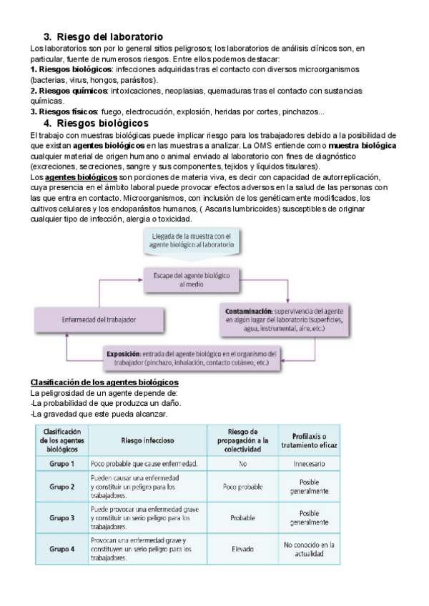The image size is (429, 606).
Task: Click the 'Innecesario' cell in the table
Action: click(309, 465)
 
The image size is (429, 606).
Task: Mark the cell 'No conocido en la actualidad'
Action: click(309, 550)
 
